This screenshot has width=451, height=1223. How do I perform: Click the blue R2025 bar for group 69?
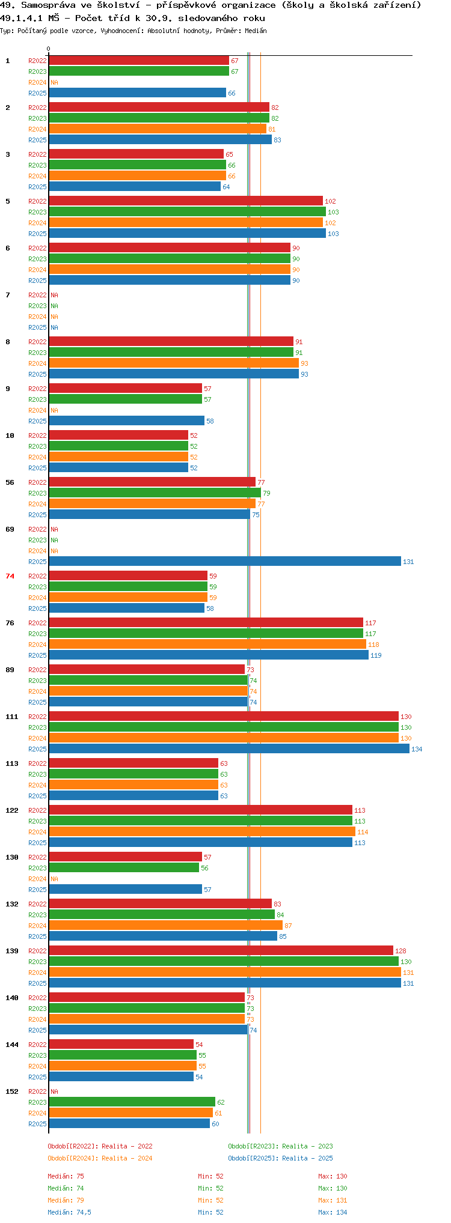click(225, 561)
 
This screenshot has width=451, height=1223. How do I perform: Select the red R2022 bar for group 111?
click(224, 716)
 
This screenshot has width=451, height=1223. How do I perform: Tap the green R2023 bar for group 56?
click(155, 493)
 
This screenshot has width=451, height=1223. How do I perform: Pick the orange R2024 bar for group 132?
click(165, 925)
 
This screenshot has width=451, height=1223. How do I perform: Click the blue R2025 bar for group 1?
click(137, 93)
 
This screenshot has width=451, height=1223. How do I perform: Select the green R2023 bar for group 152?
click(132, 1102)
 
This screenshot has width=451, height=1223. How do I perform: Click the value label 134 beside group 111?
click(417, 749)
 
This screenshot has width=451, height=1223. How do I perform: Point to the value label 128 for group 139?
click(400, 951)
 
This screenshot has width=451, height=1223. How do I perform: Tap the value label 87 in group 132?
click(288, 926)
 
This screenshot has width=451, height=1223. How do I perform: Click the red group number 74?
click(10, 576)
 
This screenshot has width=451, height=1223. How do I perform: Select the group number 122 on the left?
click(12, 810)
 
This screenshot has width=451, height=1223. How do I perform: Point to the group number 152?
click(12, 1091)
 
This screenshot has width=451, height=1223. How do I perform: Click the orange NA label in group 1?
click(54, 82)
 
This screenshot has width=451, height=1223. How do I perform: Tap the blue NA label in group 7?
click(54, 327)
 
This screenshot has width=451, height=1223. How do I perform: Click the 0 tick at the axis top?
click(49, 49)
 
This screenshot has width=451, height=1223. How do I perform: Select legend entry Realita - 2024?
click(127, 1158)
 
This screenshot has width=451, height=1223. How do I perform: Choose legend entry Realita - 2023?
click(307, 1146)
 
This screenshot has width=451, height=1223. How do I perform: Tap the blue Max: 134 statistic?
click(333, 1212)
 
